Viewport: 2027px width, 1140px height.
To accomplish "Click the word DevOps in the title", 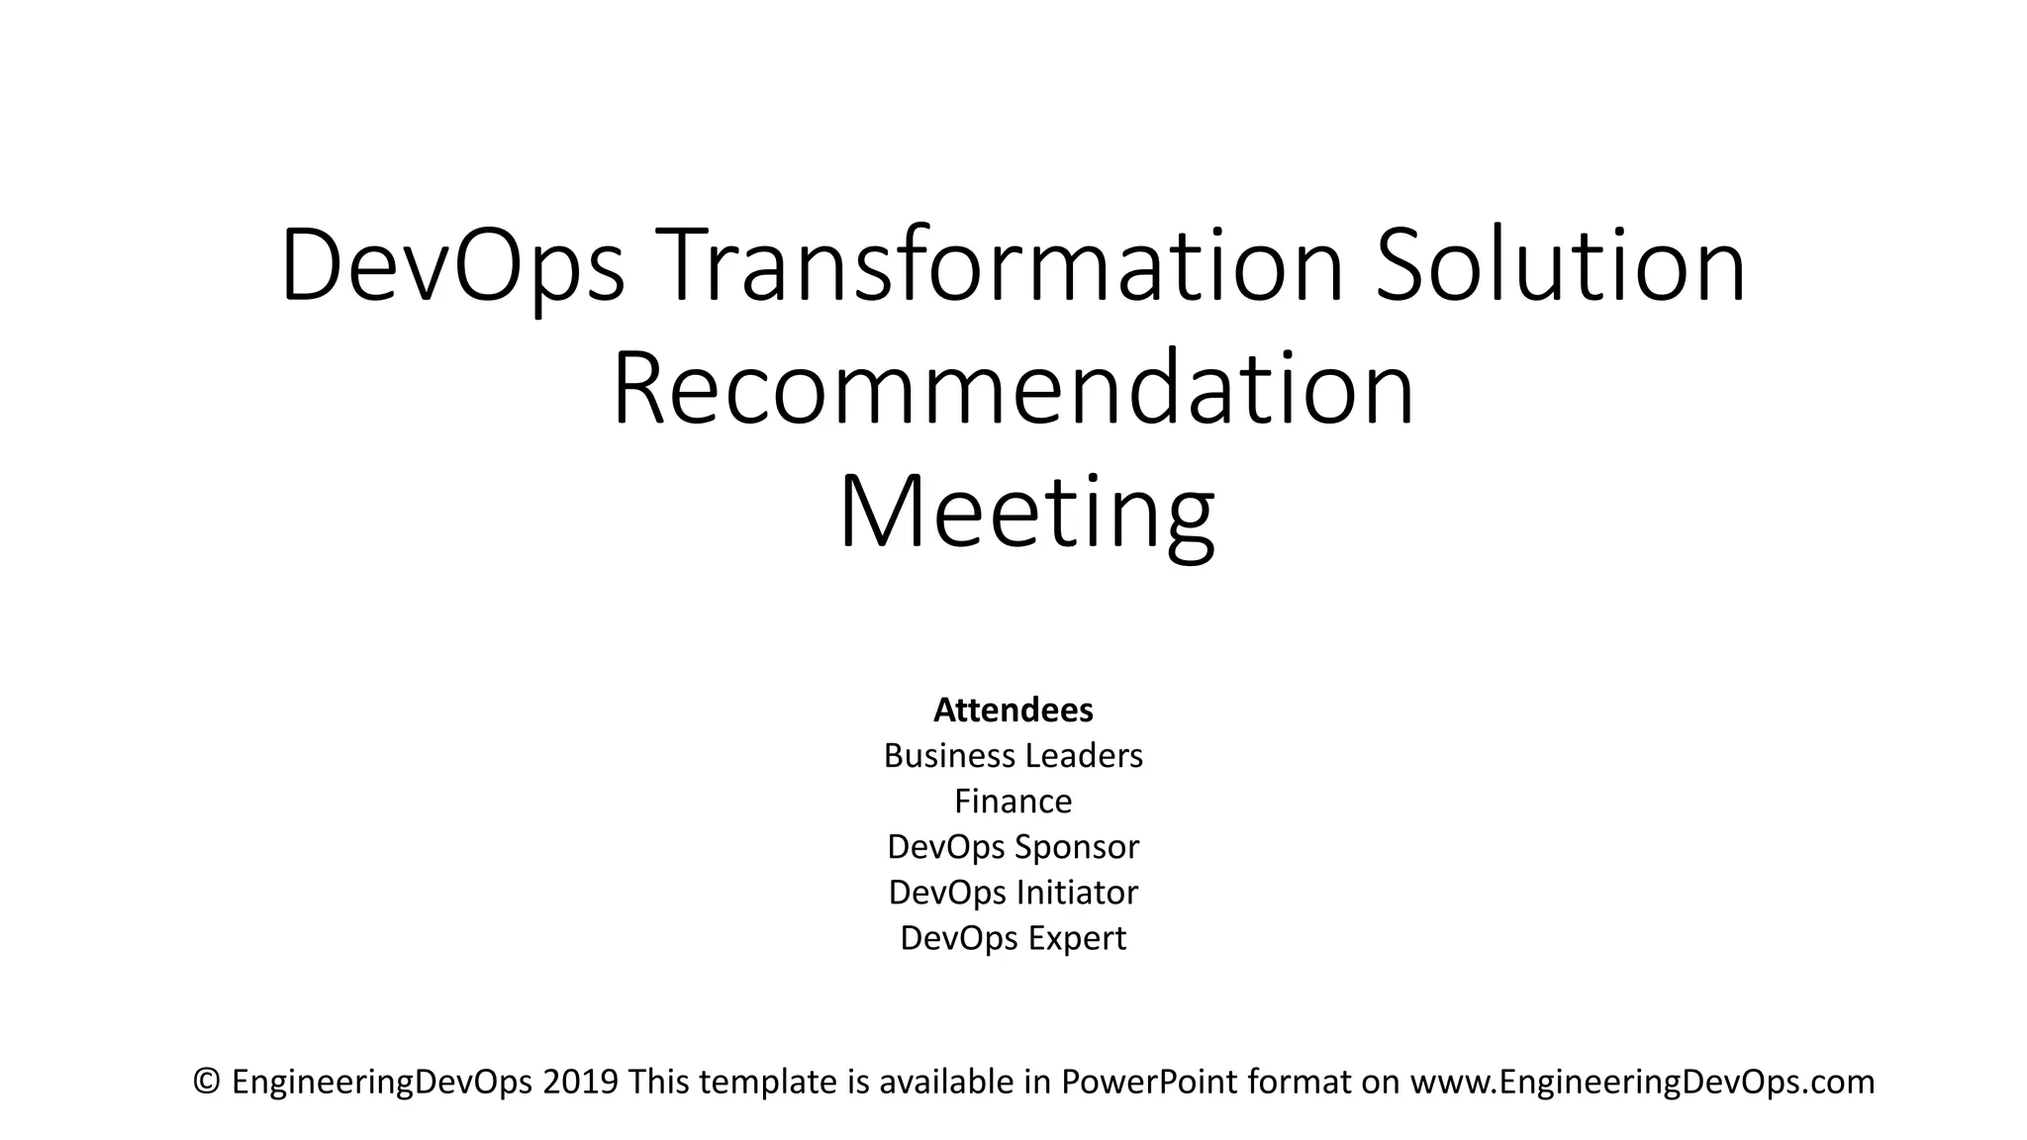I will pos(453,266).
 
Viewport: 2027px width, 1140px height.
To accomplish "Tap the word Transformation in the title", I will pos(998,266).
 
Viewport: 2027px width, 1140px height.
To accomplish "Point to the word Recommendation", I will pos(1013,389).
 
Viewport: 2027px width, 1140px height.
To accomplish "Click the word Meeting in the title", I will pos(1026,514).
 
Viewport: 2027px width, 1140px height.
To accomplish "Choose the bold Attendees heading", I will pos(1013,710).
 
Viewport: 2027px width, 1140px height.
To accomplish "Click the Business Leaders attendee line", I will pos(1013,755).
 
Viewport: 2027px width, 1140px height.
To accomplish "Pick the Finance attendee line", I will pos(1013,801).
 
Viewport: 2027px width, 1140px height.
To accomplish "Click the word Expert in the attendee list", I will pos(1077,937).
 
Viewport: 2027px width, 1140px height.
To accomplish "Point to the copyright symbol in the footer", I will pos(207,1082).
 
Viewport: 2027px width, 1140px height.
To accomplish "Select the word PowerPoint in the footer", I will pos(1149,1082).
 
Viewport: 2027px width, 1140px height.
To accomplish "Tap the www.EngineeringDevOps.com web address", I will pos(1642,1082).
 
